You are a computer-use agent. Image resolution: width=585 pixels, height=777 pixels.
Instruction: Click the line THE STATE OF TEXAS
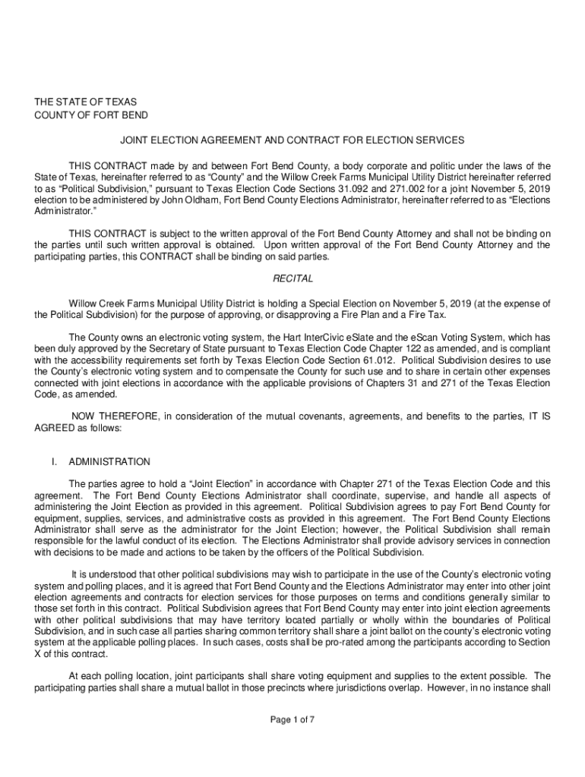[x=84, y=101]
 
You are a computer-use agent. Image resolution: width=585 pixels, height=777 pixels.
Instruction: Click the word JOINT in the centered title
[x=134, y=140]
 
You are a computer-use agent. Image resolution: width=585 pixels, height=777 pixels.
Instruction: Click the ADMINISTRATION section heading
[x=109, y=461]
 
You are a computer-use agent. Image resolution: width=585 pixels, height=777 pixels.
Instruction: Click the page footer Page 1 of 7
[x=292, y=720]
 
